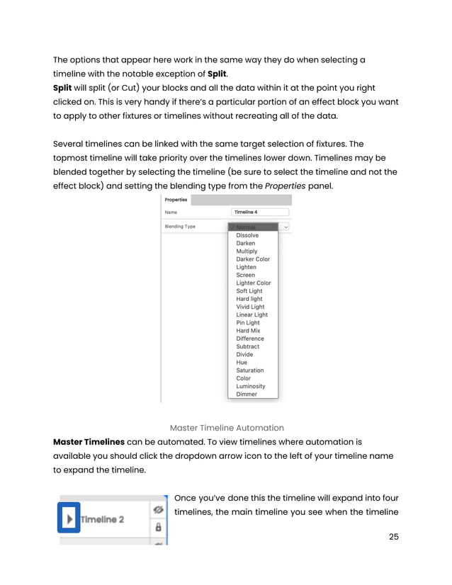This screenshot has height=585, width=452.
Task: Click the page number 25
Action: pyautogui.click(x=394, y=536)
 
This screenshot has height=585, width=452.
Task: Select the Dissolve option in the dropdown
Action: pyautogui.click(x=247, y=235)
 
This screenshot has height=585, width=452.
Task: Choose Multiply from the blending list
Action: pyautogui.click(x=247, y=251)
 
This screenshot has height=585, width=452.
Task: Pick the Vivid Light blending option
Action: pyautogui.click(x=250, y=307)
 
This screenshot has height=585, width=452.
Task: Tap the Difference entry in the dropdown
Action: pyautogui.click(x=250, y=339)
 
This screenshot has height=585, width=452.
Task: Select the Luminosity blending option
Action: pyautogui.click(x=251, y=386)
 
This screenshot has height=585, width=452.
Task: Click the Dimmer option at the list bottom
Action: pyautogui.click(x=247, y=394)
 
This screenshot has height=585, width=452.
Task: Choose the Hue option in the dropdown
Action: pyautogui.click(x=242, y=363)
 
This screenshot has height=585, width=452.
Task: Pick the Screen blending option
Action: pyautogui.click(x=245, y=275)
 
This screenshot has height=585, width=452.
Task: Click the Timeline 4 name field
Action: pyautogui.click(x=260, y=212)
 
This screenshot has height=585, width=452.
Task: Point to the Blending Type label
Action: pyautogui.click(x=180, y=227)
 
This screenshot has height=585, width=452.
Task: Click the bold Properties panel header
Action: pyautogui.click(x=176, y=200)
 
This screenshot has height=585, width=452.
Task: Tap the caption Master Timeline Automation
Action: pyautogui.click(x=227, y=428)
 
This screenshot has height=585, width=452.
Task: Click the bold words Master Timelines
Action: pyautogui.click(x=89, y=442)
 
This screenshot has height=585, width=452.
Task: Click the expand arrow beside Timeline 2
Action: pyautogui.click(x=69, y=519)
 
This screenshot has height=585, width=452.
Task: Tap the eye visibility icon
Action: pyautogui.click(x=158, y=509)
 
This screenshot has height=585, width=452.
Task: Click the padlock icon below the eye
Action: pyautogui.click(x=158, y=528)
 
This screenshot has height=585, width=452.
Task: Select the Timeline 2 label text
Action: pyautogui.click(x=103, y=520)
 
